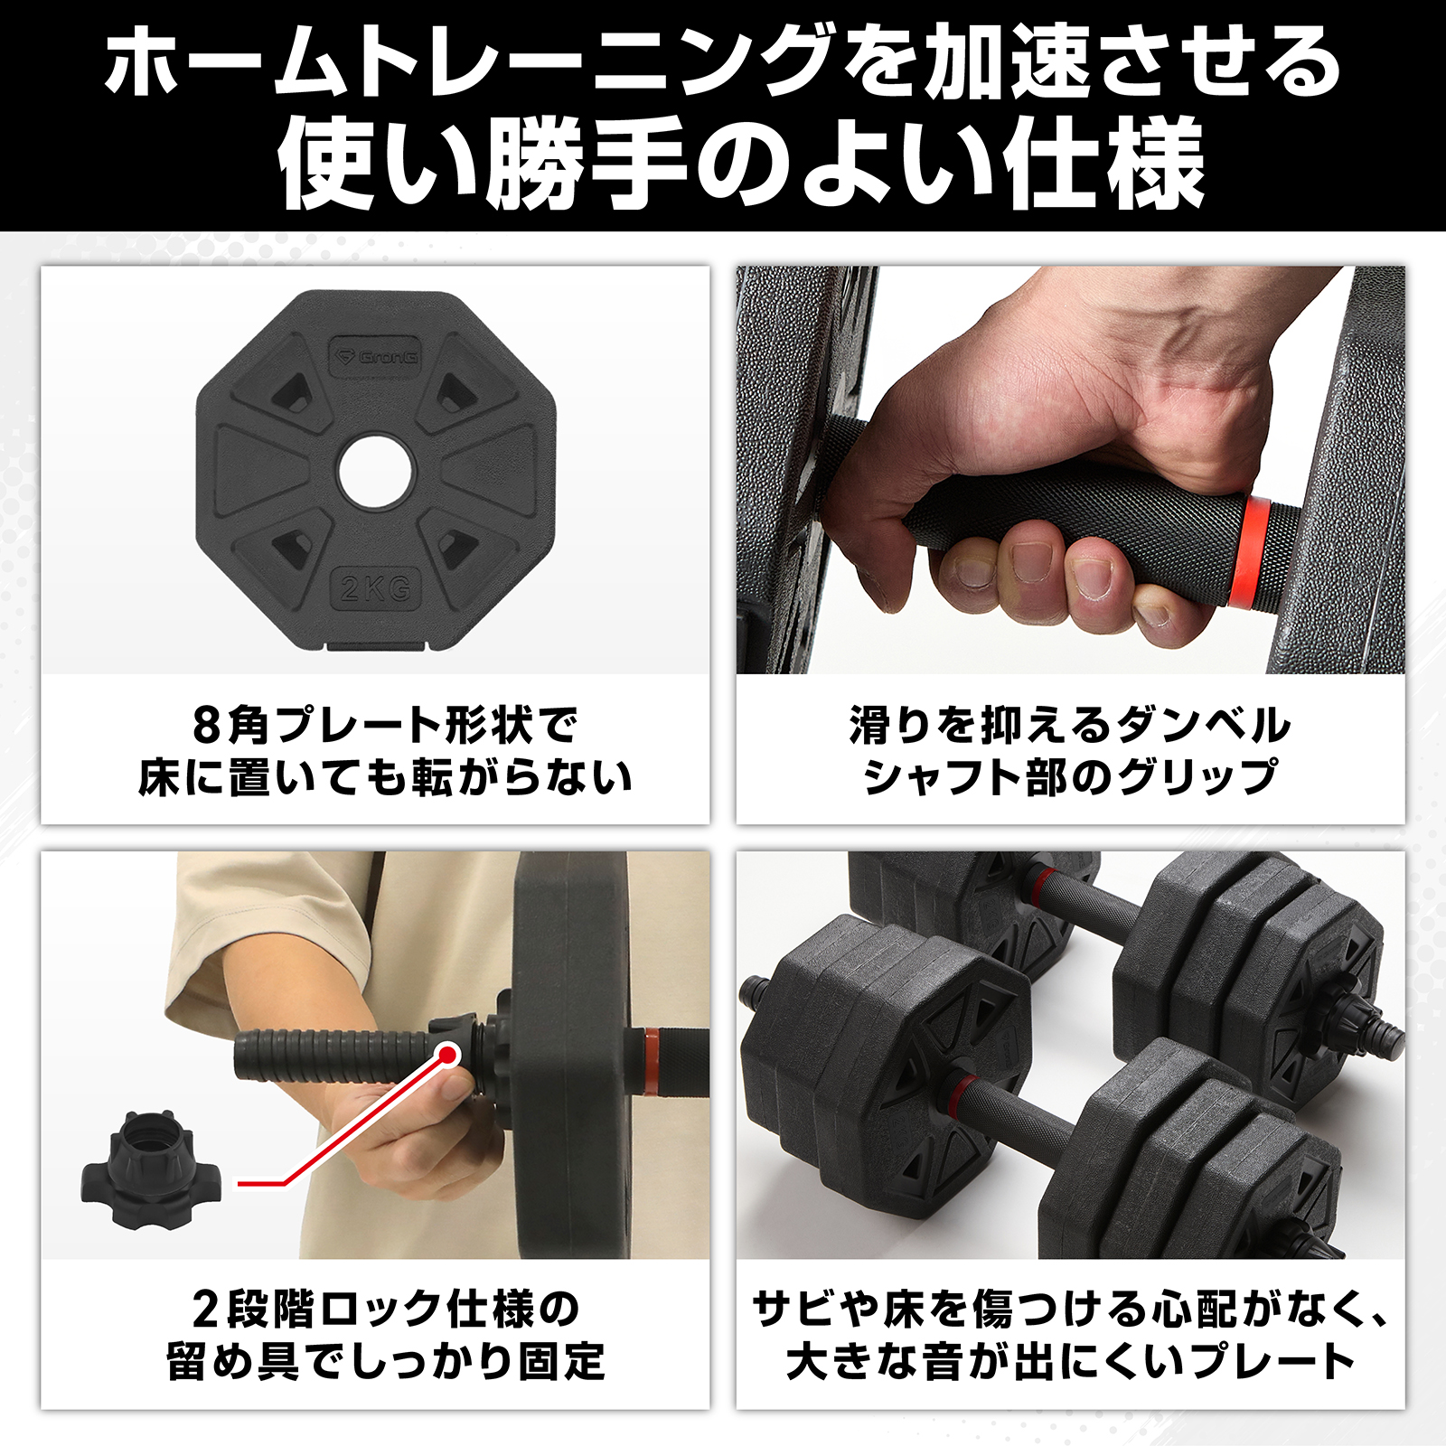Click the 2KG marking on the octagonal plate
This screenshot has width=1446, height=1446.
coord(376,588)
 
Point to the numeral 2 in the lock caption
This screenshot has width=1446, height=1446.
coord(205,1309)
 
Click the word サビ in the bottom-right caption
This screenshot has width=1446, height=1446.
coord(794,1309)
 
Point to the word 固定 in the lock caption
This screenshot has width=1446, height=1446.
coord(560,1361)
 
